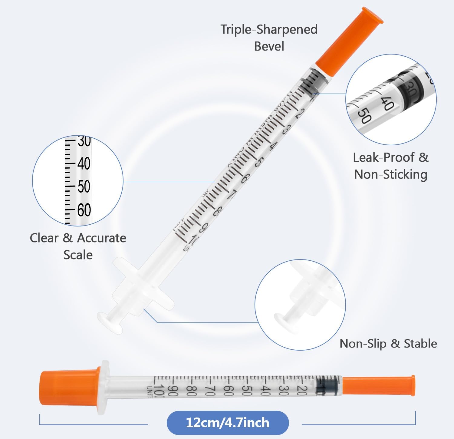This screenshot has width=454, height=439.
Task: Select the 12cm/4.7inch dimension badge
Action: pos(228,423)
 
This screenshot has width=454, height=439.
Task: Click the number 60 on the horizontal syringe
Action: pos(229,390)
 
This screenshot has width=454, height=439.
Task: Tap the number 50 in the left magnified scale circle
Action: pos(84,186)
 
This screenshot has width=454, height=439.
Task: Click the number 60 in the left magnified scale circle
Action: pos(84,210)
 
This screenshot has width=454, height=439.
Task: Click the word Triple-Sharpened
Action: pos(269,30)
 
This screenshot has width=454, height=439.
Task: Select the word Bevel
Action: pos(269,46)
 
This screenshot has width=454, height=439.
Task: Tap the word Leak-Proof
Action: pos(384,157)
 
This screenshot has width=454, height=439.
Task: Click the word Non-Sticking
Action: pos(390,174)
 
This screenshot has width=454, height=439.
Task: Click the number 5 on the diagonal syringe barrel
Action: pos(258,162)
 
